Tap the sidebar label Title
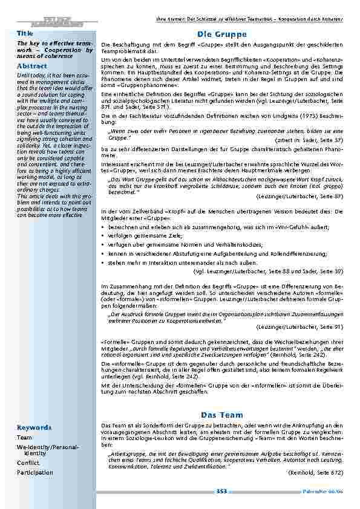tap(24, 33)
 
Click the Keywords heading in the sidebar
tap(34, 427)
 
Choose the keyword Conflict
tap(29, 462)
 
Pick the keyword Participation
tap(35, 472)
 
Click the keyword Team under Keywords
tap(25, 437)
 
